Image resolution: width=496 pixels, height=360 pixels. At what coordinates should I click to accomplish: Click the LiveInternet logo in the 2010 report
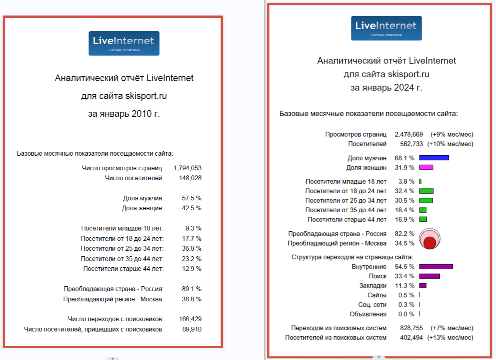pyautogui.click(x=124, y=44)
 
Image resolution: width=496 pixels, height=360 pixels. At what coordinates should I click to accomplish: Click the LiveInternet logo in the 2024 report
pyautogui.click(x=386, y=28)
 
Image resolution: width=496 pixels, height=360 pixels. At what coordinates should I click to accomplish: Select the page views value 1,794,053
pyautogui.click(x=187, y=168)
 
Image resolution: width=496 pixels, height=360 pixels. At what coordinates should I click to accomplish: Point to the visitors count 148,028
pyautogui.click(x=190, y=178)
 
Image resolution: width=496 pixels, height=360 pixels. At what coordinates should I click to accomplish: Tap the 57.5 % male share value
pyautogui.click(x=191, y=198)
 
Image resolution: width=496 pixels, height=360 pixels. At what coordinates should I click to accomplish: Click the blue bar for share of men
pyautogui.click(x=434, y=158)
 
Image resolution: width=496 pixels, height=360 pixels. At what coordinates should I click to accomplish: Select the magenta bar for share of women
pyautogui.click(x=426, y=168)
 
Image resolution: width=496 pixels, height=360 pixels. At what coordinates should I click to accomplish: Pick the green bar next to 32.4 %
pyautogui.click(x=426, y=191)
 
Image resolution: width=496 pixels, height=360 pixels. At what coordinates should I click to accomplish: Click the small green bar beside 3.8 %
pyautogui.click(x=420, y=181)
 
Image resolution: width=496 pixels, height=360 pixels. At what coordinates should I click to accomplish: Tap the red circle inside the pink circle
pyautogui.click(x=429, y=243)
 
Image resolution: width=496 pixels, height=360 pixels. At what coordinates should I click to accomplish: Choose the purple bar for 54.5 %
pyautogui.click(x=436, y=267)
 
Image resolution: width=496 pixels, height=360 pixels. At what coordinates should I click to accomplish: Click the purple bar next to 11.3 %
pyautogui.click(x=423, y=286)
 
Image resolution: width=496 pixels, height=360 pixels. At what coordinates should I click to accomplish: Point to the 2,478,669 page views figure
pyautogui.click(x=409, y=134)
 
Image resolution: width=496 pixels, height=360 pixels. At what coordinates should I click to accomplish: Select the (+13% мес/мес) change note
pyautogui.click(x=450, y=338)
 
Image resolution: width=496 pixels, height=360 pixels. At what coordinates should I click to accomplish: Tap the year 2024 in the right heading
pyautogui.click(x=404, y=88)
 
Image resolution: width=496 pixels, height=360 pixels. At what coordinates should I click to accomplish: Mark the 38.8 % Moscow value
pyautogui.click(x=191, y=299)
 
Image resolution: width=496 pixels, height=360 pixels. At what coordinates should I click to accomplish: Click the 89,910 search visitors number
pyautogui.click(x=192, y=329)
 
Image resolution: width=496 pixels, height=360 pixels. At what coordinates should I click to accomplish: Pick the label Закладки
pyautogui.click(x=373, y=286)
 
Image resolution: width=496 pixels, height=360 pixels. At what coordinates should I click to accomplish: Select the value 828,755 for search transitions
pyautogui.click(x=411, y=328)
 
